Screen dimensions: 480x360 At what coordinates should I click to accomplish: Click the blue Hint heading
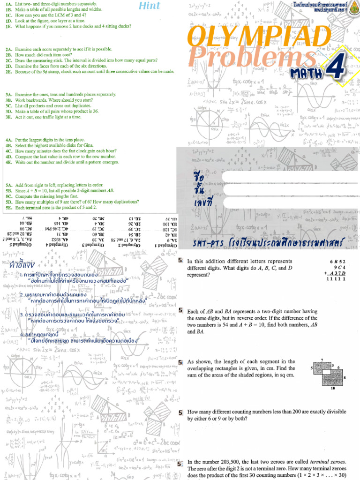[150, 6]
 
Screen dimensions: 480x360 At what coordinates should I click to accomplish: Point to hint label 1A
[9, 4]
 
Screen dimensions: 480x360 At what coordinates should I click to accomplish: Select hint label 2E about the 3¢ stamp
[9, 72]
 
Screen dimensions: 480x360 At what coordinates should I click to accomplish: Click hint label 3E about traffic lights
[9, 117]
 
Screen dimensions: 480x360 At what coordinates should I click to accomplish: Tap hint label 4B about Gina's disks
[9, 146]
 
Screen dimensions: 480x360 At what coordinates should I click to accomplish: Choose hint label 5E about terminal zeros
[9, 208]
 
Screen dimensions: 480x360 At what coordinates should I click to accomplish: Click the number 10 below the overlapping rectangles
[332, 389]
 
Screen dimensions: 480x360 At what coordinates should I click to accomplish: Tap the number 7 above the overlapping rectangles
[322, 359]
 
